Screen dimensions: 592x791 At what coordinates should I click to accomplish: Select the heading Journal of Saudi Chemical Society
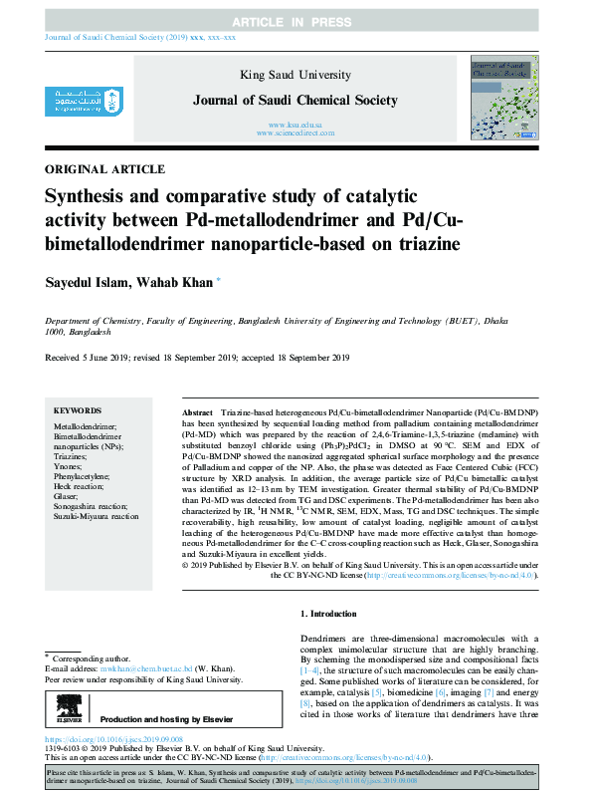296,100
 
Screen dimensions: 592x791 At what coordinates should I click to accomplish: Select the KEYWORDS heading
77,410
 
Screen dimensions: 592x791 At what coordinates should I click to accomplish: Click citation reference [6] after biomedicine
411,691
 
